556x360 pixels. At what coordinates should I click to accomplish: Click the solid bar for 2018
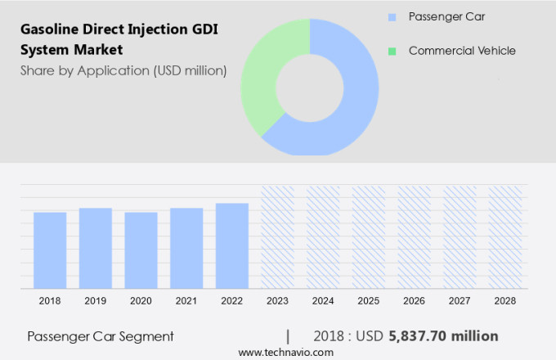point(50,250)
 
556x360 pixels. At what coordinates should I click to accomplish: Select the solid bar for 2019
point(96,248)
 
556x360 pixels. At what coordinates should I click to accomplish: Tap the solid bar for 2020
point(141,250)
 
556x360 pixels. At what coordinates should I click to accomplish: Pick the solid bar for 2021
point(186,248)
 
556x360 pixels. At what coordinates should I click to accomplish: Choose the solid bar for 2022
point(232,245)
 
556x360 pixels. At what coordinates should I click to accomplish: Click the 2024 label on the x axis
point(323,301)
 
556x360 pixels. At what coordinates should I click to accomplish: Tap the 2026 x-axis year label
point(415,301)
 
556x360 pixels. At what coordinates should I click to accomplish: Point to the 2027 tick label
point(460,301)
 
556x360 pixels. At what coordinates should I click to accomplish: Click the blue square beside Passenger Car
point(392,16)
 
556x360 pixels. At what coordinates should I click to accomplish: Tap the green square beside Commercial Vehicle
point(392,51)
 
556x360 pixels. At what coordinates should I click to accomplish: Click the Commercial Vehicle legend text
point(462,51)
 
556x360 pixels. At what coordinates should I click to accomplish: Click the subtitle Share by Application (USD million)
point(123,70)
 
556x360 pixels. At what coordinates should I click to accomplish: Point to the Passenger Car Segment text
point(101,336)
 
